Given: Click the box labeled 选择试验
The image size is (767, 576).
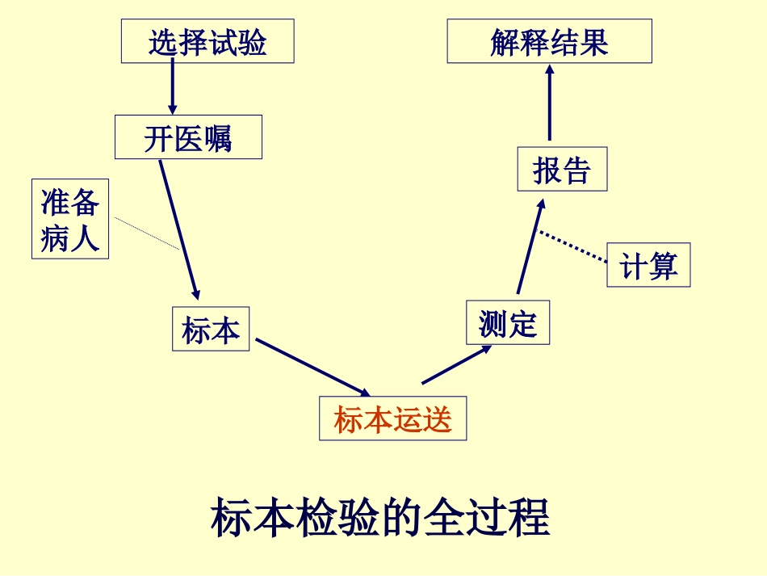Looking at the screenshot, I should [207, 41].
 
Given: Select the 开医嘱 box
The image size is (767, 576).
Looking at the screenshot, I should [188, 137].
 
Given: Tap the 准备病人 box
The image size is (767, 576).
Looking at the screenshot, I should [70, 219].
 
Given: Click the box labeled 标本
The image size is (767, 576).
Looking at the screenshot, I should [211, 329].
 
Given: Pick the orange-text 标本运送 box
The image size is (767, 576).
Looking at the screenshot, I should [393, 418].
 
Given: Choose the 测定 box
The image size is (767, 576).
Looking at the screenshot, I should [508, 323].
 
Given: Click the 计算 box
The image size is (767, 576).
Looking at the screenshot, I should [648, 265].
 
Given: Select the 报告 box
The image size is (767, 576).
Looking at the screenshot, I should [562, 170].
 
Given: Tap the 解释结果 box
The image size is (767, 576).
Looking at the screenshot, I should [549, 41].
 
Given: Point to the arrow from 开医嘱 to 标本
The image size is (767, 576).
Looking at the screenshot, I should [178, 230].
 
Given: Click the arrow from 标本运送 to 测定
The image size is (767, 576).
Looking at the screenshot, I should [457, 364].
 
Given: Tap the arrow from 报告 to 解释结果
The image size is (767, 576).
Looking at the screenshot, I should [550, 103].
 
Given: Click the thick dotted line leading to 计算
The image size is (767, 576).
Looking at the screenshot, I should [572, 246].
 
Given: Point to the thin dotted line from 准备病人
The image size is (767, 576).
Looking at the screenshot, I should [146, 233].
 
